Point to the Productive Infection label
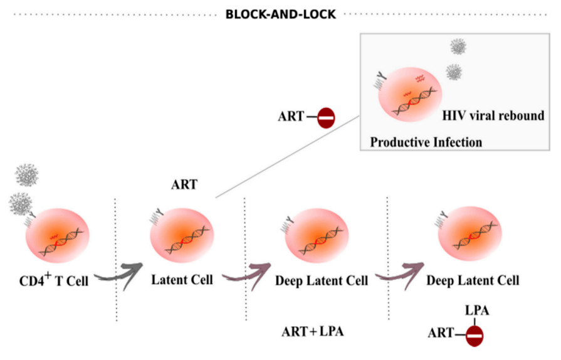(426, 142)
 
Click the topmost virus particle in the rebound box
(459, 47)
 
